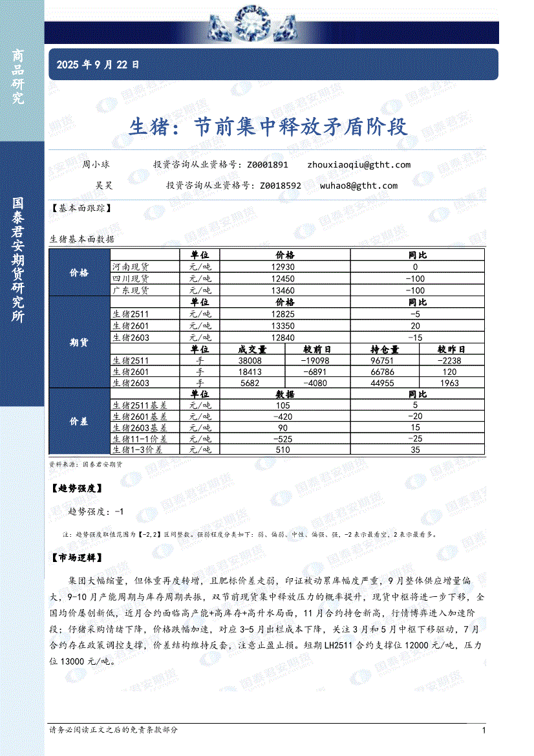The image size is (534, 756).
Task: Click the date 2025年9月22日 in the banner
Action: tap(98, 65)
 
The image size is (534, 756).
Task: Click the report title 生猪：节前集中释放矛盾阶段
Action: tap(270, 126)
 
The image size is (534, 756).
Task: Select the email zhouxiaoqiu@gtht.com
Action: tap(359, 165)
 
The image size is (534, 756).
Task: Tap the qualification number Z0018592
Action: tap(280, 186)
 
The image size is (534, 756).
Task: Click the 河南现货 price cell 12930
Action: tap(284, 266)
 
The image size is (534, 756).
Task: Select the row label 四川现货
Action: tap(131, 279)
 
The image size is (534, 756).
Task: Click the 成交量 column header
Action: tap(252, 349)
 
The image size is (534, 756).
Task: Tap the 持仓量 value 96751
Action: tap(385, 361)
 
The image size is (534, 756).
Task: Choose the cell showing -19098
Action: tap(317, 361)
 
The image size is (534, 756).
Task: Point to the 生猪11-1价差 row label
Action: tap(137, 439)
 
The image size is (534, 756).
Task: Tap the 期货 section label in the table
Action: tap(79, 343)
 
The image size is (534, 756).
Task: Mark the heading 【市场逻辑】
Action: tap(76, 557)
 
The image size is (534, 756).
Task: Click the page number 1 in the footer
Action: tap(484, 730)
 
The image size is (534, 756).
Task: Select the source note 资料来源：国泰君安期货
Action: tap(85, 464)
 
